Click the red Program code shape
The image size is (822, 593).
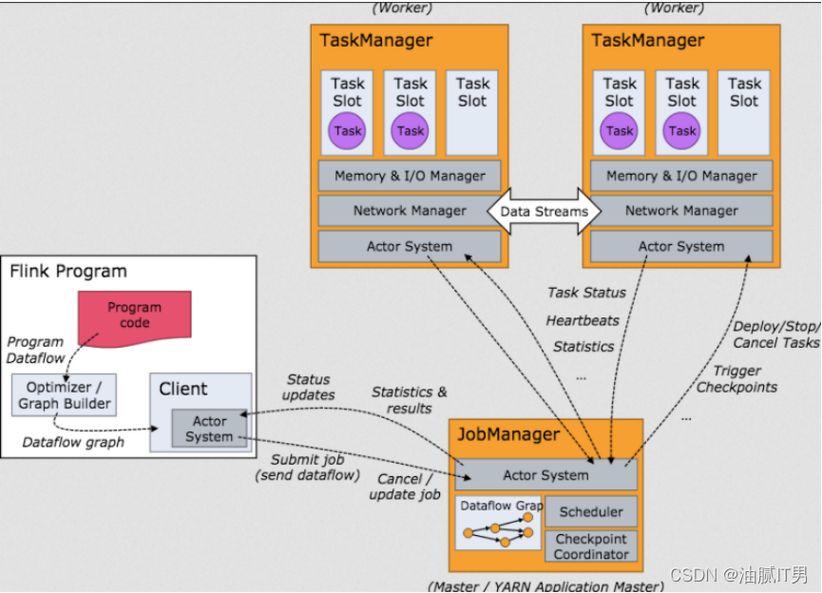[x=134, y=315]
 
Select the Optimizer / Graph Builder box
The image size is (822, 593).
[x=65, y=395]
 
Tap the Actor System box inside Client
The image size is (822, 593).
[x=209, y=429]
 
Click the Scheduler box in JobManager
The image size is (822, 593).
[x=591, y=511]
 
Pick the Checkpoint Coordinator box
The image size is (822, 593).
[x=591, y=546]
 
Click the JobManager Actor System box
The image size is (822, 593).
[x=545, y=475]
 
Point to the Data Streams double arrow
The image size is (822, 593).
[x=544, y=211]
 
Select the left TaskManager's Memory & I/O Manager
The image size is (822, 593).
[x=410, y=176]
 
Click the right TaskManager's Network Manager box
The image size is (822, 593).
[x=681, y=211]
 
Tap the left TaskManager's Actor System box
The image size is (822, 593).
[x=410, y=246]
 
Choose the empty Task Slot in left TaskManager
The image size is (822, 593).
[x=472, y=112]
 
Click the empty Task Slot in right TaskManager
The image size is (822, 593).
[x=744, y=112]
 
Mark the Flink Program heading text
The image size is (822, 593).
[x=68, y=272]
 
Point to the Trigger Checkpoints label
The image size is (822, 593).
[x=736, y=378]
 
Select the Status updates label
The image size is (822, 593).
[x=309, y=387]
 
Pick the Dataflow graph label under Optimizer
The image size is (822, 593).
[x=71, y=441]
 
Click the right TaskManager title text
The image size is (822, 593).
[x=648, y=40]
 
